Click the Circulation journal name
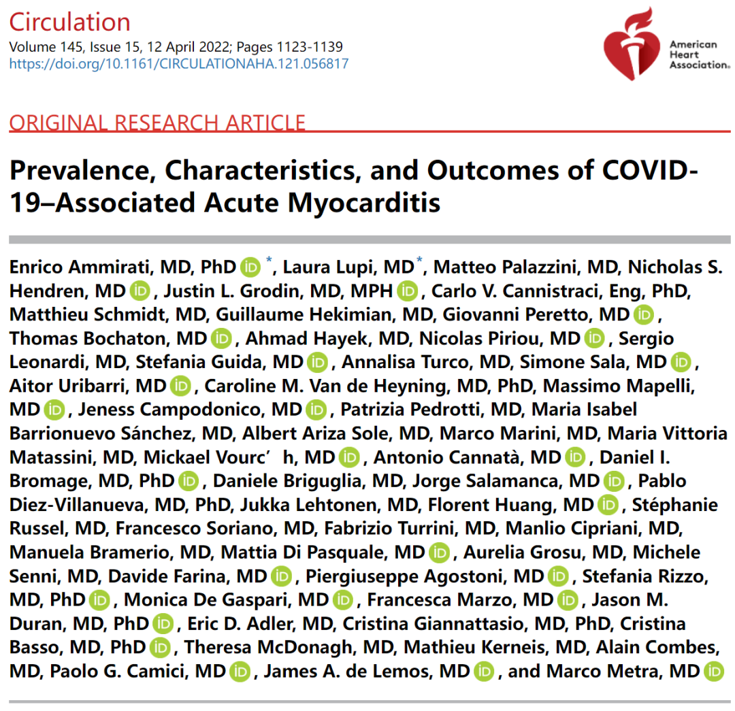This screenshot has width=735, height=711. (69, 22)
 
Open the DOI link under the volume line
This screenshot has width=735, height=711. (178, 64)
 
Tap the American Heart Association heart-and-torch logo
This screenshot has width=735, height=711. (632, 44)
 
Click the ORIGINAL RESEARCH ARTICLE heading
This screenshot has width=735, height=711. (157, 122)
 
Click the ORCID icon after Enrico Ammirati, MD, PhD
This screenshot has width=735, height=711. (251, 267)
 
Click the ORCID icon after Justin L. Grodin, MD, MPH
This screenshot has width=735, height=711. (407, 291)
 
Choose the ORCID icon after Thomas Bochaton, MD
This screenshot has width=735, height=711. (221, 338)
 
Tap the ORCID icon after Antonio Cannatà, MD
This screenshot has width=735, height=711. (575, 457)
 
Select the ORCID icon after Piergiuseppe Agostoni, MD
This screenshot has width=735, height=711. (558, 576)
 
